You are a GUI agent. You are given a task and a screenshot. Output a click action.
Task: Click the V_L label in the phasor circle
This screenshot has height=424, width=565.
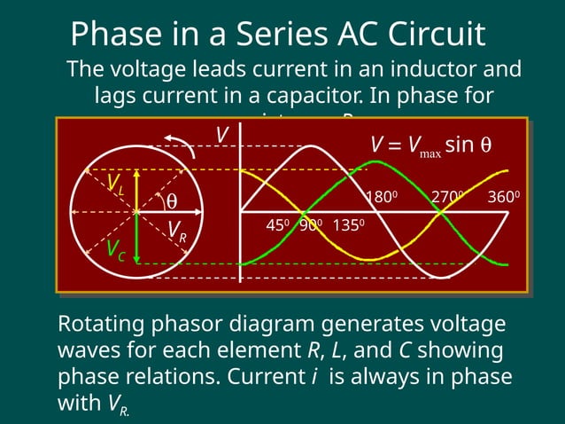pos(115,184)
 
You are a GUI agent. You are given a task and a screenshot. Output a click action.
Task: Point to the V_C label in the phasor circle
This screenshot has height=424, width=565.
pos(115,250)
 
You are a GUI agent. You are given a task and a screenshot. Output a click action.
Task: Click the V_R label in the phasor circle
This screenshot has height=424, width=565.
pos(177,231)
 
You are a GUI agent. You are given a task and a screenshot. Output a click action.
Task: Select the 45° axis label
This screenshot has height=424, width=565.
pos(276,225)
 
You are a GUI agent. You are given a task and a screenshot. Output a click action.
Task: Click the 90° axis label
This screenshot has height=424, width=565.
pos(309,225)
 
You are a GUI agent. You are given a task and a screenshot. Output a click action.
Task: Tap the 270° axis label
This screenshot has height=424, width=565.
pos(446,197)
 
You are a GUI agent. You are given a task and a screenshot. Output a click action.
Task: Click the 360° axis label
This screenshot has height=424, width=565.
pos(503,197)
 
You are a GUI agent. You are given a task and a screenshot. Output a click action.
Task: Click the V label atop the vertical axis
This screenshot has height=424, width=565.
pos(222,135)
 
